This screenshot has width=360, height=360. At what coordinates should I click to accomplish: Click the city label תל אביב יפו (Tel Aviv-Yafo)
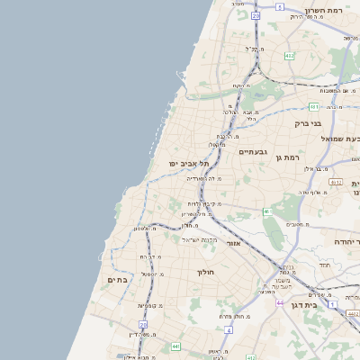pyautogui.click(x=188, y=163)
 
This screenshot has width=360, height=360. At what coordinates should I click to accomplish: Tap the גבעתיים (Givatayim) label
pyautogui.click(x=255, y=152)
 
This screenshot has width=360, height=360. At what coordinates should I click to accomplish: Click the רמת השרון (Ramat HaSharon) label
pyautogui.click(x=325, y=10)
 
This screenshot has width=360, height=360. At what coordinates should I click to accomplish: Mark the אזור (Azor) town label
pyautogui.click(x=233, y=243)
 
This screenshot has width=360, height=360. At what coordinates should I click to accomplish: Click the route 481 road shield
pyautogui.click(x=314, y=106)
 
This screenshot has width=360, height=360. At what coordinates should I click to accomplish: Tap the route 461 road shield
pyautogui.click(x=266, y=211)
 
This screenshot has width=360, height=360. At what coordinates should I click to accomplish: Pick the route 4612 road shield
pyautogui.click(x=336, y=182)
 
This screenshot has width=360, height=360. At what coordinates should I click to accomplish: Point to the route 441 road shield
pyautogui.click(x=175, y=346)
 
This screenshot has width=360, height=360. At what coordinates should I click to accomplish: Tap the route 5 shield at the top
pyautogui.click(x=280, y=6)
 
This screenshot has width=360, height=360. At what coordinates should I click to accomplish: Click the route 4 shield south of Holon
pyautogui.click(x=229, y=329)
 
